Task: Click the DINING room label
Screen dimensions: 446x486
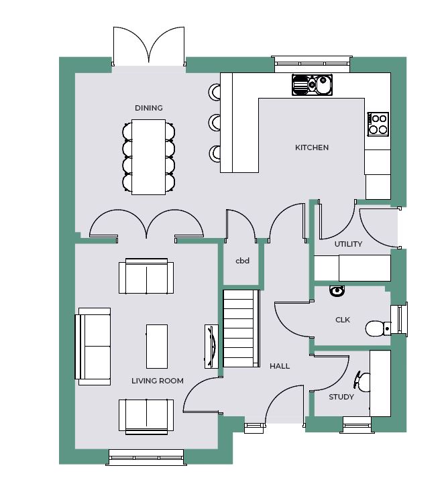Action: click(x=149, y=108)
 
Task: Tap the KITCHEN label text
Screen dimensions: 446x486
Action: click(x=312, y=147)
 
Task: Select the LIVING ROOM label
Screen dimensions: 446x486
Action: click(x=157, y=381)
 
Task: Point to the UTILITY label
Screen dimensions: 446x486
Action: click(x=348, y=244)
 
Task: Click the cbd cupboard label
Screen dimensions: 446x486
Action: click(x=242, y=261)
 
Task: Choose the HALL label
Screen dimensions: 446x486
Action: click(x=280, y=366)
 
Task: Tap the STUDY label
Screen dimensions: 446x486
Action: click(x=341, y=397)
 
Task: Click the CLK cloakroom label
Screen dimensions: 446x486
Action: click(x=343, y=320)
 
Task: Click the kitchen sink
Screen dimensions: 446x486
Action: click(x=312, y=84)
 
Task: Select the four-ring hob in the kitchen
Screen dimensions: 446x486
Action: click(x=378, y=124)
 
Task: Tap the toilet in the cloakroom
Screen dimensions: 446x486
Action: click(x=378, y=328)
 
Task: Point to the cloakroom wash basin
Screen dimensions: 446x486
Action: click(x=337, y=291)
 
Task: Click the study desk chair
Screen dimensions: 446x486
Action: click(x=362, y=381)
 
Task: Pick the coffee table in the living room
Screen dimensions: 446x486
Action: click(x=157, y=346)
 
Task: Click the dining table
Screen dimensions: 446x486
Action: click(x=149, y=157)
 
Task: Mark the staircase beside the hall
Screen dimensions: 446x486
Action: click(x=241, y=328)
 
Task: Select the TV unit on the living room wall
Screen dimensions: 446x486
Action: click(x=211, y=346)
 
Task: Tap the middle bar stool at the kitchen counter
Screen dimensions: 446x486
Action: click(x=215, y=122)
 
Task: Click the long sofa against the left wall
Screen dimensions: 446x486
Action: click(x=93, y=347)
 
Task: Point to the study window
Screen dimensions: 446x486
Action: click(x=357, y=425)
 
